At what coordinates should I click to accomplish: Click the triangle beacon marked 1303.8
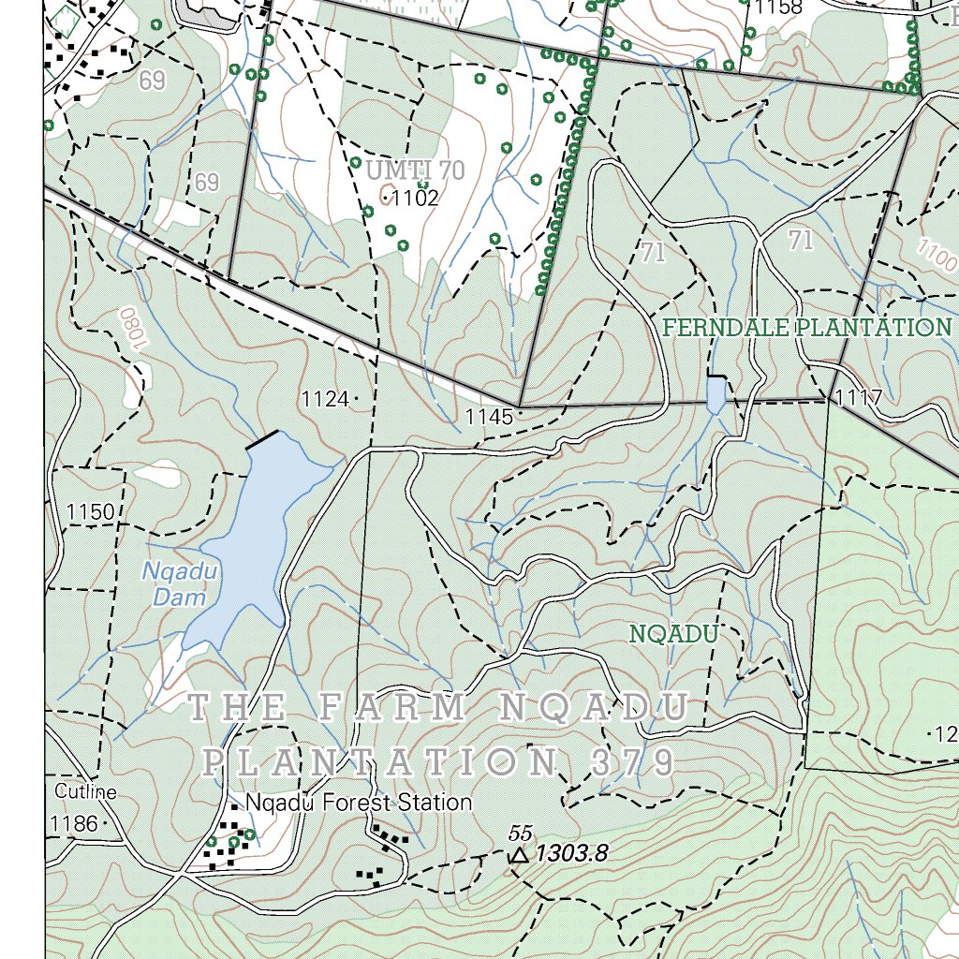pos(519,854)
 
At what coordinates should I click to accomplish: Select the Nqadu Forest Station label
pos(359,803)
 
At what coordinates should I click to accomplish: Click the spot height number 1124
pos(325,400)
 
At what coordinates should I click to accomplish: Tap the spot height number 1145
pos(489,417)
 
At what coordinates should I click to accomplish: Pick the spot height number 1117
pos(859,398)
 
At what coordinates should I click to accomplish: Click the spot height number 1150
pos(90,511)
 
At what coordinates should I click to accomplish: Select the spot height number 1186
pos(75,824)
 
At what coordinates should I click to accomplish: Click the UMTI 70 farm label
pos(415,170)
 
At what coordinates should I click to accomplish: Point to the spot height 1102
pos(415,198)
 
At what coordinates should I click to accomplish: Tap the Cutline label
pos(85,792)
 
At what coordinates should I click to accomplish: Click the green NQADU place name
pos(672,634)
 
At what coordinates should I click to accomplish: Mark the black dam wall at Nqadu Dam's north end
pos(262,440)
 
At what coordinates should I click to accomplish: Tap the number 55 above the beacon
pos(520,833)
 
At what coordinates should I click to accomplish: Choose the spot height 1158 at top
pos(779,8)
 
